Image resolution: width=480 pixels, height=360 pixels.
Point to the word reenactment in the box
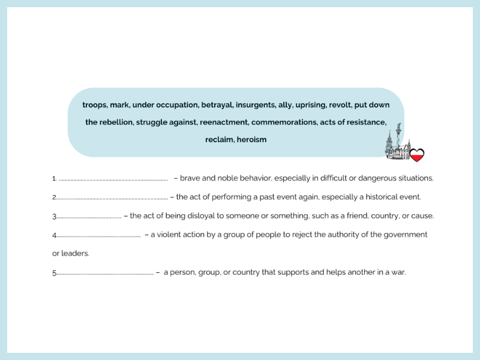click(x=223, y=122)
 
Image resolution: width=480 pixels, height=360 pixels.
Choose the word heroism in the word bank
click(x=251, y=140)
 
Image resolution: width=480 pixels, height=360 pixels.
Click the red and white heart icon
click(x=417, y=155)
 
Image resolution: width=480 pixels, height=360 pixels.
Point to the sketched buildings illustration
click(x=398, y=148)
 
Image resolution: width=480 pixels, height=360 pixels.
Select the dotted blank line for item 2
click(x=112, y=197)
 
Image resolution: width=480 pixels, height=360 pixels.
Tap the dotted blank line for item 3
click(x=89, y=217)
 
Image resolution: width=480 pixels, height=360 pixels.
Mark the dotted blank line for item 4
click(x=98, y=235)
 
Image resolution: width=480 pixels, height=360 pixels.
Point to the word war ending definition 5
click(x=398, y=272)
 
